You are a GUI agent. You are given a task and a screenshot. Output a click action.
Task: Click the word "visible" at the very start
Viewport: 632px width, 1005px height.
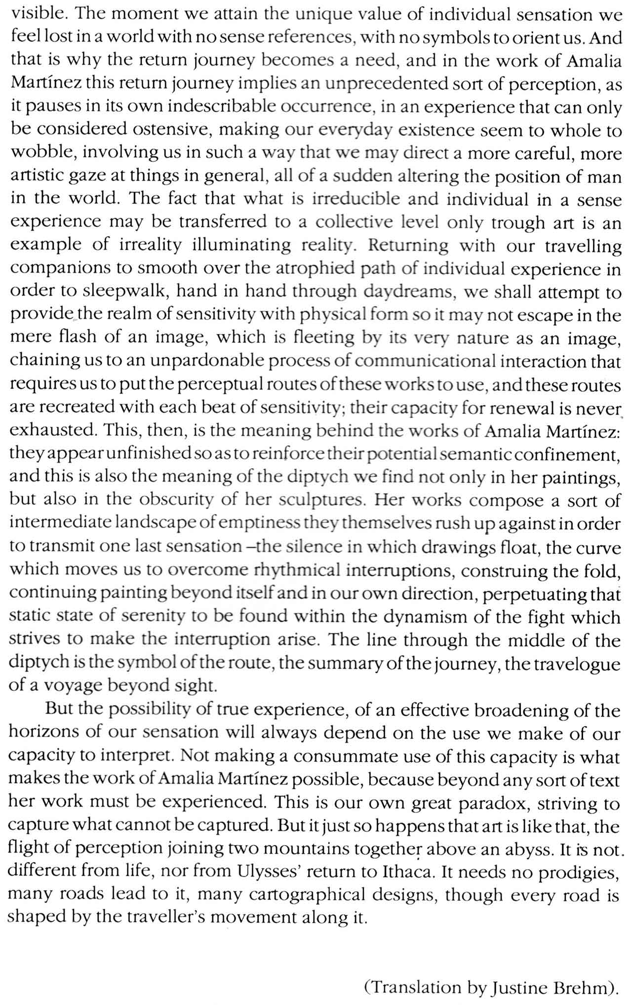(38, 13)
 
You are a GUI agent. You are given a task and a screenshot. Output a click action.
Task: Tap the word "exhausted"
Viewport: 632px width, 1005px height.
(53, 431)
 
